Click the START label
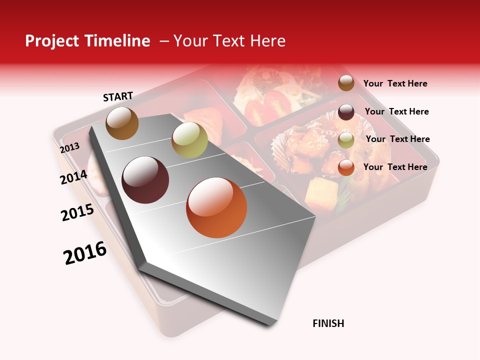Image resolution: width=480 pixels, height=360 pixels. pyautogui.click(x=118, y=96)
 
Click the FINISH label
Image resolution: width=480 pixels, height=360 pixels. pyautogui.click(x=328, y=323)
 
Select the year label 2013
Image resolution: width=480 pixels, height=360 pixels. pyautogui.click(x=69, y=148)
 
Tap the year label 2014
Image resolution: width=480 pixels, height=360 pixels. pyautogui.click(x=73, y=177)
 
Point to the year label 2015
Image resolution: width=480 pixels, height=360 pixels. pyautogui.click(x=77, y=212)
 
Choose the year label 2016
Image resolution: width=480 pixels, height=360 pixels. pyautogui.click(x=85, y=253)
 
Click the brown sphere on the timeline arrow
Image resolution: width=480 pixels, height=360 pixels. pyautogui.click(x=122, y=123)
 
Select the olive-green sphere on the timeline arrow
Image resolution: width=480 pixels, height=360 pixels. pyautogui.click(x=189, y=140)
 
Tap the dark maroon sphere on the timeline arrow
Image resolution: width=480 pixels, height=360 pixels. pyautogui.click(x=145, y=180)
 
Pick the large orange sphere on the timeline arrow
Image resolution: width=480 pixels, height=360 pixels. pyautogui.click(x=216, y=207)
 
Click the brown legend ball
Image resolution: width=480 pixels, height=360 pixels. pyautogui.click(x=346, y=83)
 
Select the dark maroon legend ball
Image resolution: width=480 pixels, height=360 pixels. pyautogui.click(x=346, y=112)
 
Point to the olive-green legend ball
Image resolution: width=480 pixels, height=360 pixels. pyautogui.click(x=346, y=140)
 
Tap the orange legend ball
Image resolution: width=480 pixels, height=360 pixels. pyautogui.click(x=346, y=167)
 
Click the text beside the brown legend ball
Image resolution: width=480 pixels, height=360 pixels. pyautogui.click(x=395, y=83)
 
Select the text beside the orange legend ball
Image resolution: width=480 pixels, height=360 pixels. pyautogui.click(x=395, y=167)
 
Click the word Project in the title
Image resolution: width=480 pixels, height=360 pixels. pyautogui.click(x=52, y=41)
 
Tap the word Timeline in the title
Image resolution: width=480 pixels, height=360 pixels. pyautogui.click(x=117, y=41)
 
